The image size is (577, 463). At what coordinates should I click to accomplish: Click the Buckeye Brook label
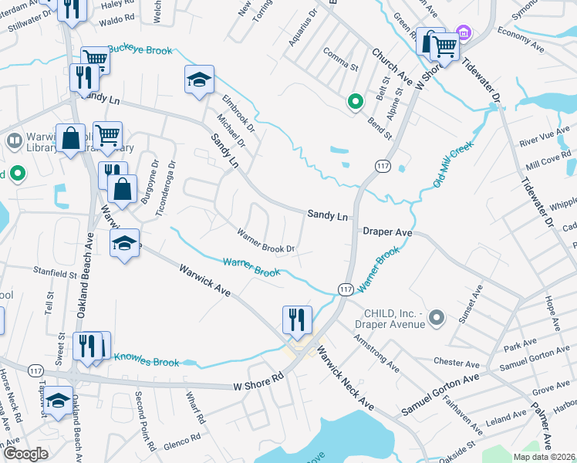(x=140, y=49)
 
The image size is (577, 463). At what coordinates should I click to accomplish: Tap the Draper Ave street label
(x=388, y=231)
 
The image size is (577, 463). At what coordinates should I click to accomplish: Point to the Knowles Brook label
(x=147, y=360)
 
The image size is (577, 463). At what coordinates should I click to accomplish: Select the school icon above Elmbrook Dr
(x=199, y=79)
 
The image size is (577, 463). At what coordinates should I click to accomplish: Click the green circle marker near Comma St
(x=355, y=101)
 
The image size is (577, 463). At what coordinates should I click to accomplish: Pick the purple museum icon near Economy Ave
(x=463, y=33)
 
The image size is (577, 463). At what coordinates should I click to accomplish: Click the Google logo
(x=25, y=453)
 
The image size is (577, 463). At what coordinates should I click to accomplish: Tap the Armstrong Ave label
(x=376, y=352)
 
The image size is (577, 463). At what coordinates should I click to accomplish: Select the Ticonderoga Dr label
(x=164, y=188)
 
